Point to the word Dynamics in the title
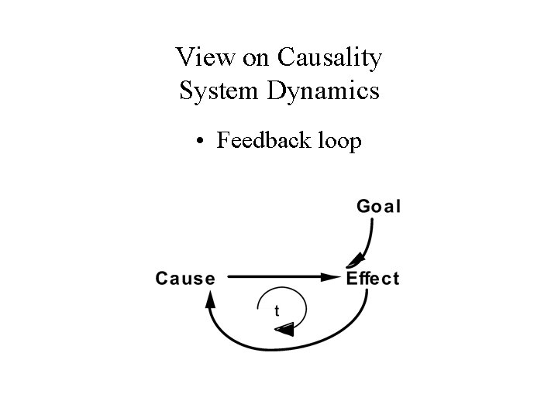(x=322, y=91)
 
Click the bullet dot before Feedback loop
(x=201, y=142)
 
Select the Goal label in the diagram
(x=378, y=206)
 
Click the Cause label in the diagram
(x=184, y=278)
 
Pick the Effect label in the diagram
(x=373, y=278)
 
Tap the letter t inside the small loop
(x=277, y=311)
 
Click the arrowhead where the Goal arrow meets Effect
(x=356, y=261)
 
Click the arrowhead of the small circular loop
(x=285, y=331)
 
